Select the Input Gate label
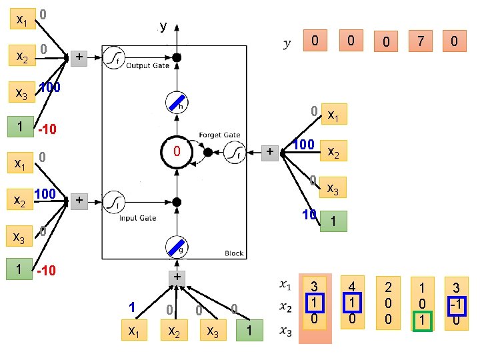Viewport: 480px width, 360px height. [138, 218]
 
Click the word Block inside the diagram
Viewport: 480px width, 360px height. [234, 253]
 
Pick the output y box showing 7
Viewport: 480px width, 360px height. [420, 41]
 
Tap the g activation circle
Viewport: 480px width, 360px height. [177, 248]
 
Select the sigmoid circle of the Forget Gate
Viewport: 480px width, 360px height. [233, 152]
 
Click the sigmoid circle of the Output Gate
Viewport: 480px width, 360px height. [115, 56]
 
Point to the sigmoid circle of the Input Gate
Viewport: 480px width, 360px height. [115, 200]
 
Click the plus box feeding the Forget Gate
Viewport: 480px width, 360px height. [269, 152]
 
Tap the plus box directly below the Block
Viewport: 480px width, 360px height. [177, 276]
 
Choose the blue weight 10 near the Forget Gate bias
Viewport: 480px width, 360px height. [309, 215]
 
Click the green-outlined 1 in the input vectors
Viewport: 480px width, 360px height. [421, 321]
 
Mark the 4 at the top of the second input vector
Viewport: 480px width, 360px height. [352, 285]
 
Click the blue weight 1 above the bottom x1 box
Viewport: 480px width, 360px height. [132, 307]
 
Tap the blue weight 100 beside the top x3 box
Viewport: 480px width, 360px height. [50, 87]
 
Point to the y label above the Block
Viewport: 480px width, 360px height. [163, 27]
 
